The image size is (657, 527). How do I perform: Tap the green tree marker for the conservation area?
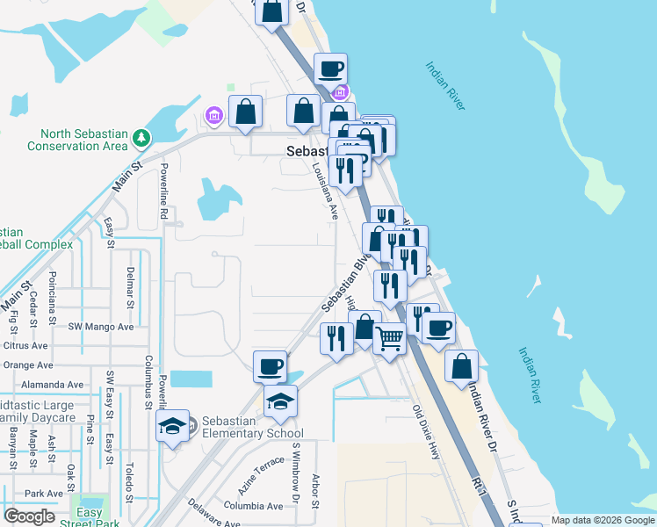click(x=141, y=137)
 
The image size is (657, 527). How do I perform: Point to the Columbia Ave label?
click(x=253, y=506)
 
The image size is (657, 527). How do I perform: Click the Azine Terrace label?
click(x=257, y=480)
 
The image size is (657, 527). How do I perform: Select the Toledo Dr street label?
click(x=128, y=474)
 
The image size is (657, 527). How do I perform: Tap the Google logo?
click(x=29, y=516)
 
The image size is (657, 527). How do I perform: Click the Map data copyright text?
click(x=603, y=520)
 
